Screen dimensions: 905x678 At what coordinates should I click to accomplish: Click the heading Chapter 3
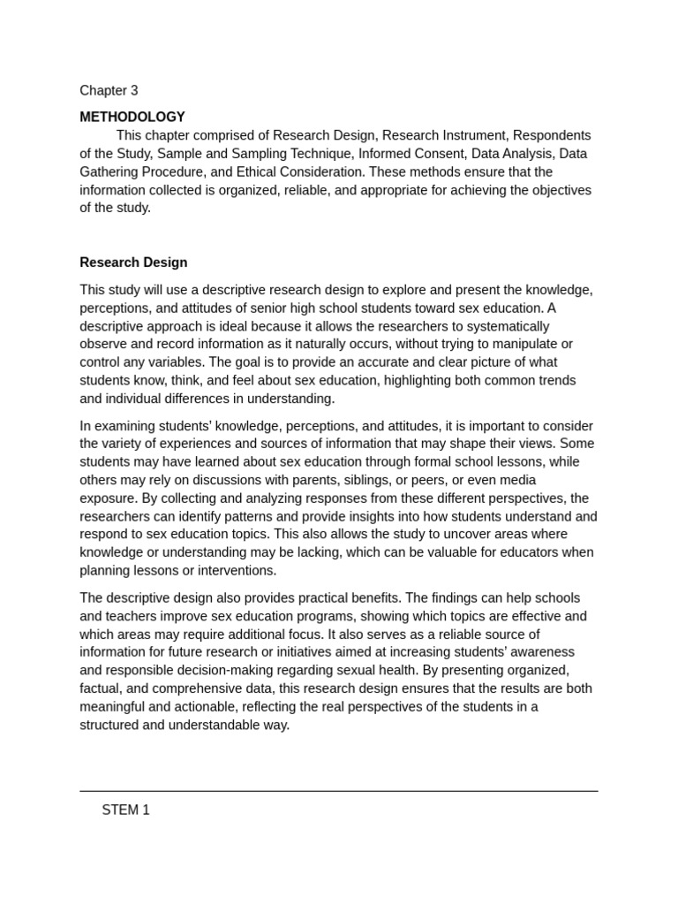click(x=109, y=90)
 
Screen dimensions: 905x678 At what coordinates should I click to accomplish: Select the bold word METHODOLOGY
click(x=132, y=117)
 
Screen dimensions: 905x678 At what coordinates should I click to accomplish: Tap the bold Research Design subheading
click(x=133, y=262)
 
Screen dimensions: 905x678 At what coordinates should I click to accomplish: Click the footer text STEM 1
click(x=125, y=810)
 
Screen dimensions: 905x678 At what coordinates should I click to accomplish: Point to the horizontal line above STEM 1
click(x=339, y=791)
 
